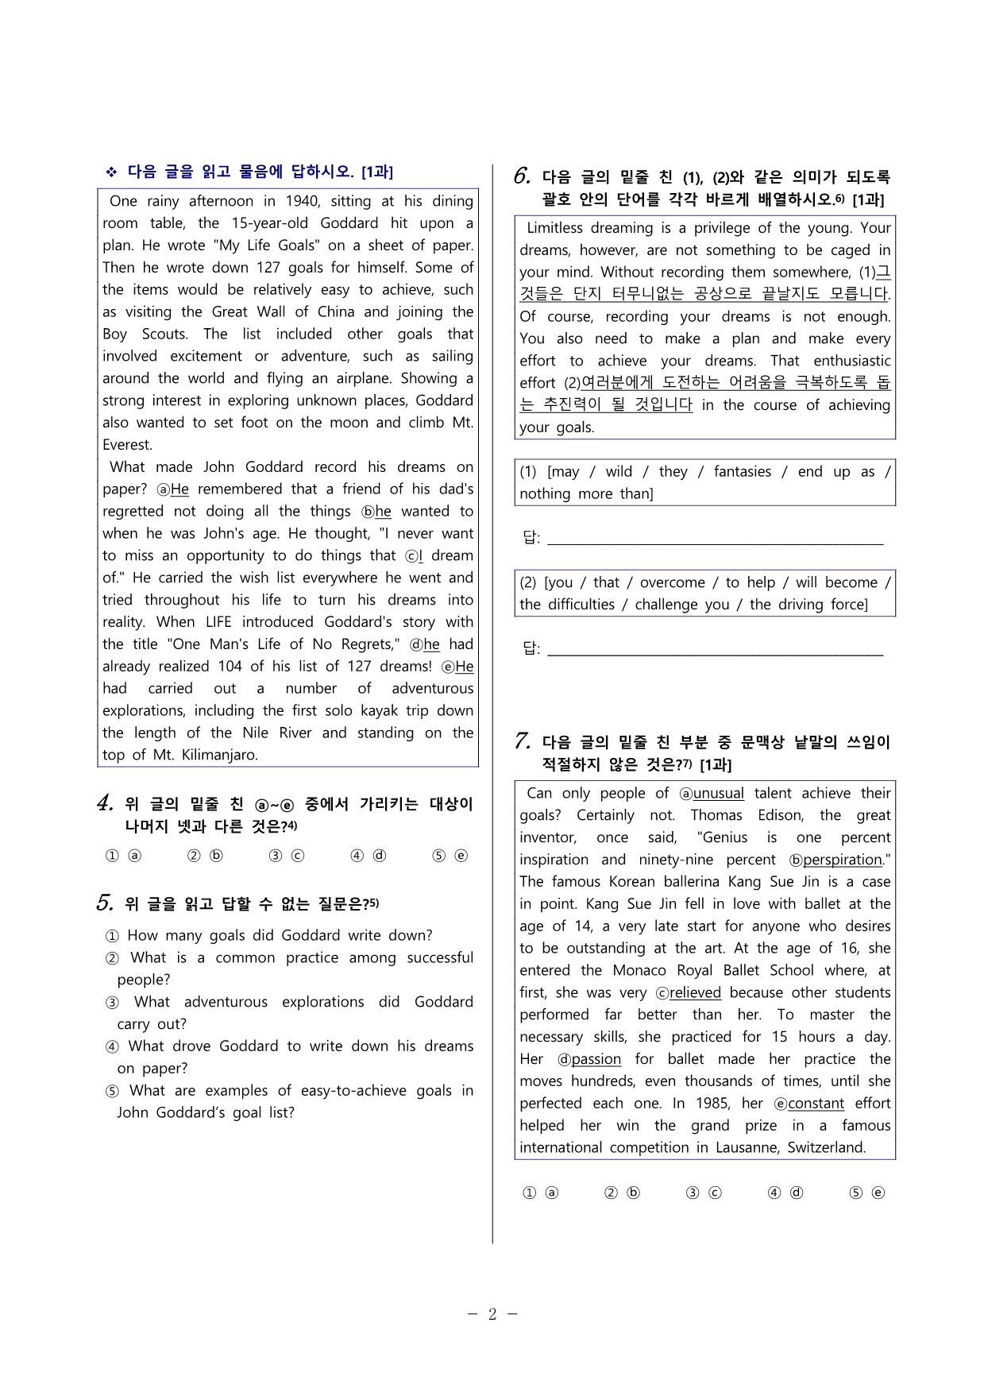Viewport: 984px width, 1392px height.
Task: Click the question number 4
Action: click(x=105, y=803)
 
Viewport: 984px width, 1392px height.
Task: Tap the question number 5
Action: click(x=105, y=903)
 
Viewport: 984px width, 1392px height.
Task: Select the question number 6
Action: click(x=522, y=176)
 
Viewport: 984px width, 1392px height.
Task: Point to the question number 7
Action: click(x=522, y=741)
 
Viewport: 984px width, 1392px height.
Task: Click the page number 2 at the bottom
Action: click(x=492, y=1313)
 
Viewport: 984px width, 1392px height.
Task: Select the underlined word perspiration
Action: click(x=842, y=860)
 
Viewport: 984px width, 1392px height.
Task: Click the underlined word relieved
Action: click(x=695, y=992)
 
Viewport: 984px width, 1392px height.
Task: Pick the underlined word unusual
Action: click(x=718, y=793)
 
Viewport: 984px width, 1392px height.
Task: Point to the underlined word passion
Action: click(x=596, y=1059)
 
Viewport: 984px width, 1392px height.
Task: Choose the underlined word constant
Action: click(x=816, y=1104)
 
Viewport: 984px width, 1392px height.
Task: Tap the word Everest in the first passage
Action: click(x=126, y=445)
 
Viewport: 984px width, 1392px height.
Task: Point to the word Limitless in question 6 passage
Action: click(x=554, y=228)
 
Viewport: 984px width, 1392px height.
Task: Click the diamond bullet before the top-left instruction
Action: click(x=111, y=172)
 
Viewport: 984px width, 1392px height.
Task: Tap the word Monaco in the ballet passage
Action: click(x=639, y=970)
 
